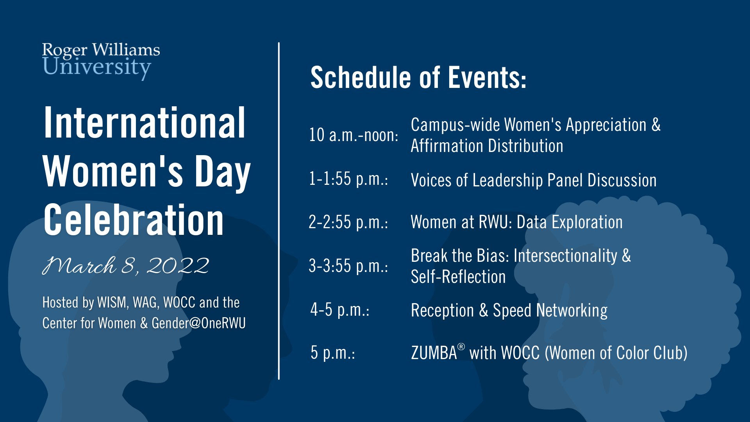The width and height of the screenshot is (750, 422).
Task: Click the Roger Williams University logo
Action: pos(101,61)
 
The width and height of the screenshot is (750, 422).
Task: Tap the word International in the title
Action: pos(145,123)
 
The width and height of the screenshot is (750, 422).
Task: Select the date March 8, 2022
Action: pos(126,266)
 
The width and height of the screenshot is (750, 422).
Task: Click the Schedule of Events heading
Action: pos(418,77)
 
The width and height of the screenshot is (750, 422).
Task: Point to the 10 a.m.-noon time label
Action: pos(354,135)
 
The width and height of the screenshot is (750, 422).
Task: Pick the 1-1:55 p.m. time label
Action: pos(348,179)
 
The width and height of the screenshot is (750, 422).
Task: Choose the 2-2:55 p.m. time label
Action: pos(348,222)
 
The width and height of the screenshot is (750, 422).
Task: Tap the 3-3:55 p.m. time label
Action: pos(348,266)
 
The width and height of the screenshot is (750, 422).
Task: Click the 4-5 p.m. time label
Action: pos(340,310)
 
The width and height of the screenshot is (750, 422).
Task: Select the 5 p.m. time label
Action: pos(333,353)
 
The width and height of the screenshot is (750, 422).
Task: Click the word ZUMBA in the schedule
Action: pos(434,353)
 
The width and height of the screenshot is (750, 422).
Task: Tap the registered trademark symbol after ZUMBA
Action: pos(461,347)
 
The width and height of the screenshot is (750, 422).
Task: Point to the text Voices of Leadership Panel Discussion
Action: pos(534,181)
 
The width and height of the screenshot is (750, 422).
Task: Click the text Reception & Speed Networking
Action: pos(509,311)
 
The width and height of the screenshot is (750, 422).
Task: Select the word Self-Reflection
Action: pos(458,277)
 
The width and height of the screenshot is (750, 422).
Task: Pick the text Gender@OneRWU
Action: pos(199,323)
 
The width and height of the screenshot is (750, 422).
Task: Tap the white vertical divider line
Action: pos(279,211)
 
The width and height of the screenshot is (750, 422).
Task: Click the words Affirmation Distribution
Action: pos(487,146)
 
